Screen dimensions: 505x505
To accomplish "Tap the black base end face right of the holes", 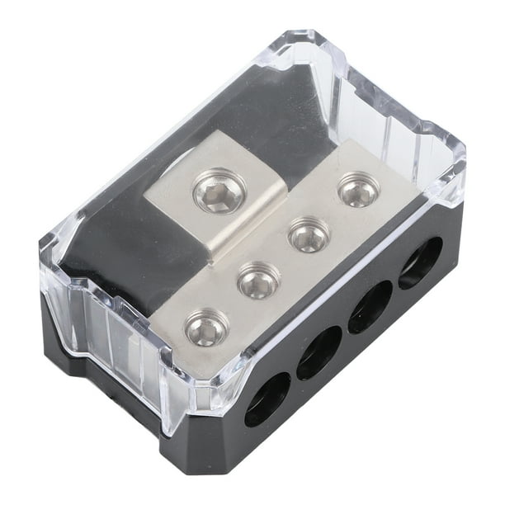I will (452, 239).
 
